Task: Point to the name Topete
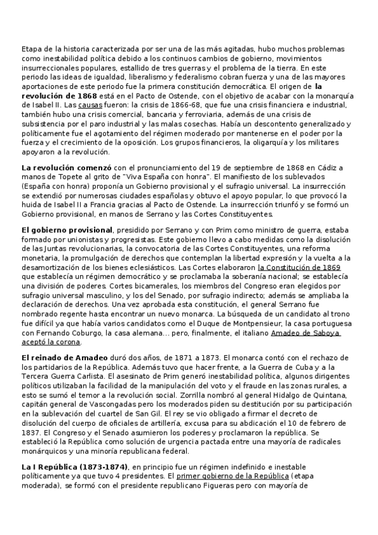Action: click(62, 177)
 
